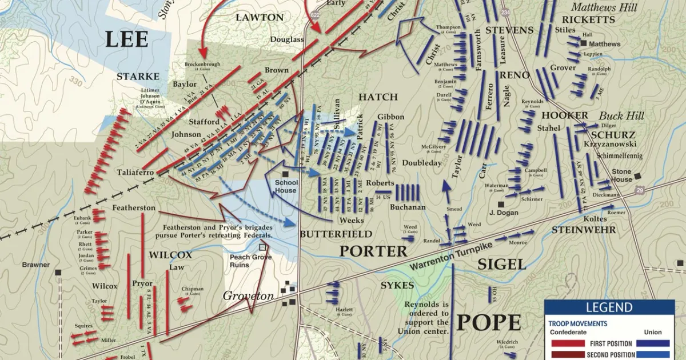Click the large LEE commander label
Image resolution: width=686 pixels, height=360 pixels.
point(126,39)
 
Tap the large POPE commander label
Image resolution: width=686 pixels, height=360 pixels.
point(488,322)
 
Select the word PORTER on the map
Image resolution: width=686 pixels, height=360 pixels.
point(373,251)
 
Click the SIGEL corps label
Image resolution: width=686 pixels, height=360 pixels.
point(501,263)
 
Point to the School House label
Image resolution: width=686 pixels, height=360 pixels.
point(286,186)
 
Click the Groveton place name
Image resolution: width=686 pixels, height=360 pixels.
point(248,296)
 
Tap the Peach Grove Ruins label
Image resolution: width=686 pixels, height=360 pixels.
point(251,261)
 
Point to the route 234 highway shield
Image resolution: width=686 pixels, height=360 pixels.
point(504,13)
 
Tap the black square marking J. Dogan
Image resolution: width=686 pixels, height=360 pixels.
point(500,204)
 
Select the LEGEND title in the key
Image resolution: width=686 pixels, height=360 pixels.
point(609,307)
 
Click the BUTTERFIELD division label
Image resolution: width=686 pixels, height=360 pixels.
point(336,234)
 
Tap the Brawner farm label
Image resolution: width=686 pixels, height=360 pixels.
point(36,265)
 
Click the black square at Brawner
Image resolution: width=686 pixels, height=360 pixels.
point(58,273)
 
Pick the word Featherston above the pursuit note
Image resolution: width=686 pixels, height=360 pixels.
point(134,207)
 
